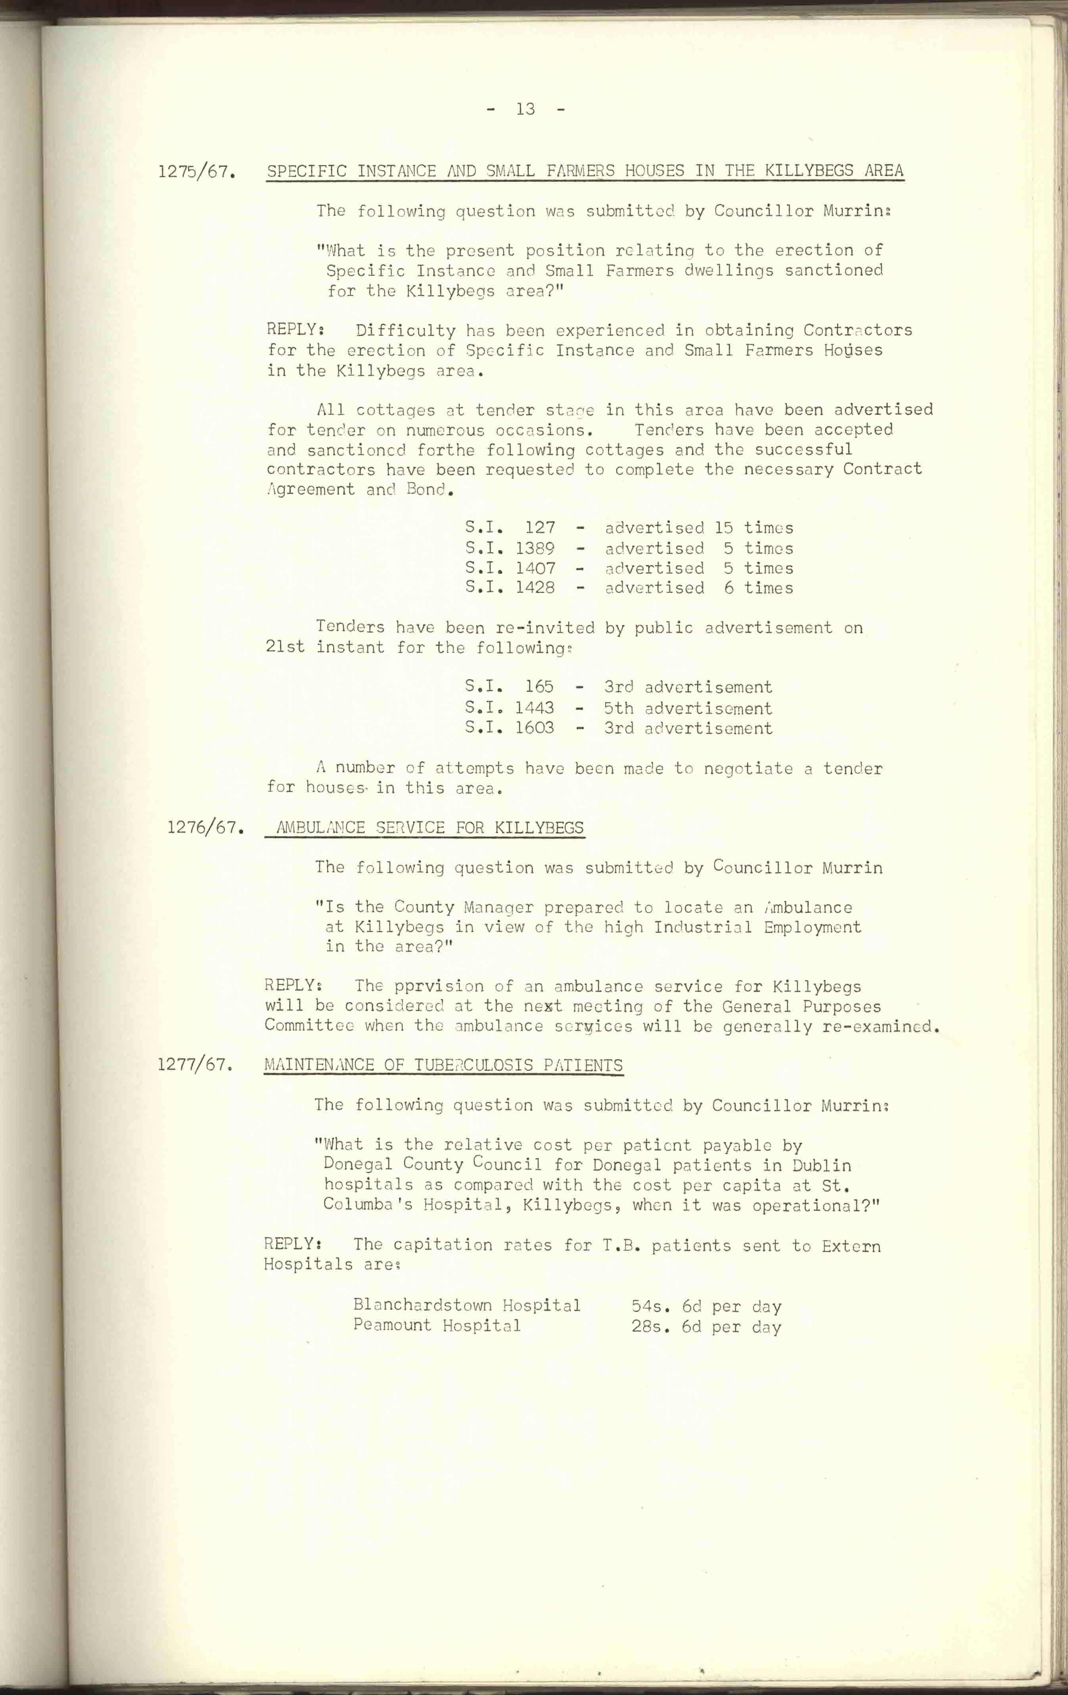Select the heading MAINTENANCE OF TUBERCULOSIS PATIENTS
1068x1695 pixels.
[443, 1066]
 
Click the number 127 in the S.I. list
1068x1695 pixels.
[540, 528]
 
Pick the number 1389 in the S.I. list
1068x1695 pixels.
[535, 548]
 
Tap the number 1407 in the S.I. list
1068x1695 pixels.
[535, 568]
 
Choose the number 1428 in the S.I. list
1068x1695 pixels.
[535, 588]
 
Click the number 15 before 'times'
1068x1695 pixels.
[724, 528]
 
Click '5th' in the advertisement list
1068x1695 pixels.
[618, 708]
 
